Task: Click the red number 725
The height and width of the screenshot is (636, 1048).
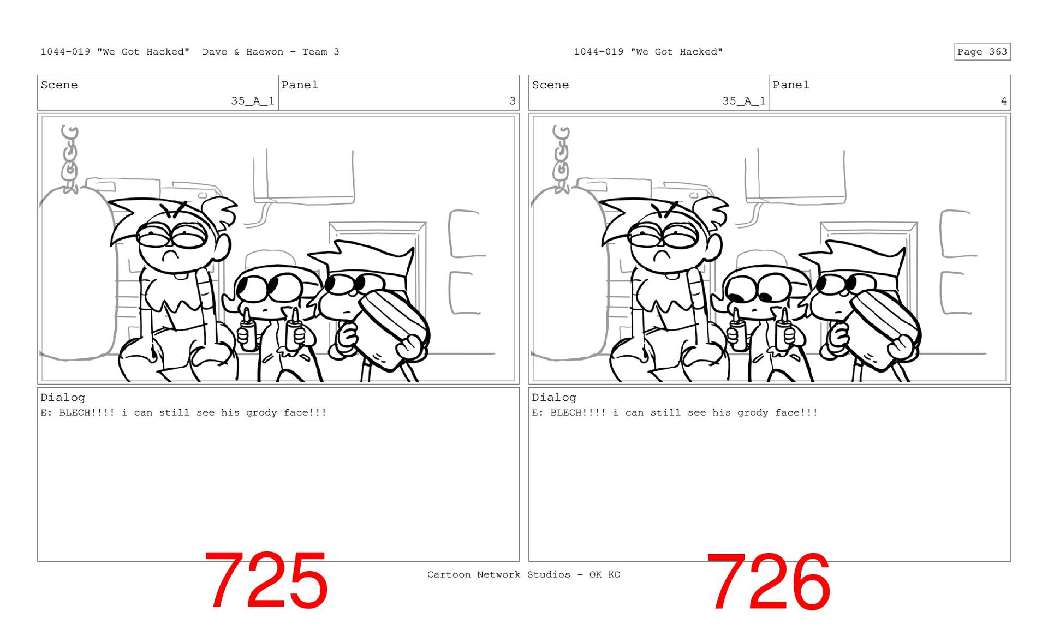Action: [x=266, y=580]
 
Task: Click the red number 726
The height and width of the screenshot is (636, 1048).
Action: [x=768, y=581]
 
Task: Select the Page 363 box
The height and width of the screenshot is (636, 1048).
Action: [x=982, y=51]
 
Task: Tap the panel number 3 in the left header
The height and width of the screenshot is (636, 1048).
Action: [x=513, y=101]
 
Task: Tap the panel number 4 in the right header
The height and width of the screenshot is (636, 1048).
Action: [x=1004, y=101]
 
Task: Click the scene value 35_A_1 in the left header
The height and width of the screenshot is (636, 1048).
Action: [x=253, y=101]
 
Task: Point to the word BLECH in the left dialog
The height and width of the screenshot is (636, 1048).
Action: [x=74, y=412]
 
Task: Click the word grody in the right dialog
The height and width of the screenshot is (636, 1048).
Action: [x=753, y=413]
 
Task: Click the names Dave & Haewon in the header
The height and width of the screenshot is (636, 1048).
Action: [x=243, y=52]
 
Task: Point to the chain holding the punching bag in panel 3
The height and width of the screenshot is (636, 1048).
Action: [x=69, y=159]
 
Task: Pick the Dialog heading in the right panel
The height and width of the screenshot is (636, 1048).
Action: [x=554, y=398]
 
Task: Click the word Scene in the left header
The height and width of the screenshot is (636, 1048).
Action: [x=59, y=85]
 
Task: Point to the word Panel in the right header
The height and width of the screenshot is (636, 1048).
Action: [x=791, y=85]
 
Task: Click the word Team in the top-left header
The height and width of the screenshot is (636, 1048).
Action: [x=315, y=52]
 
